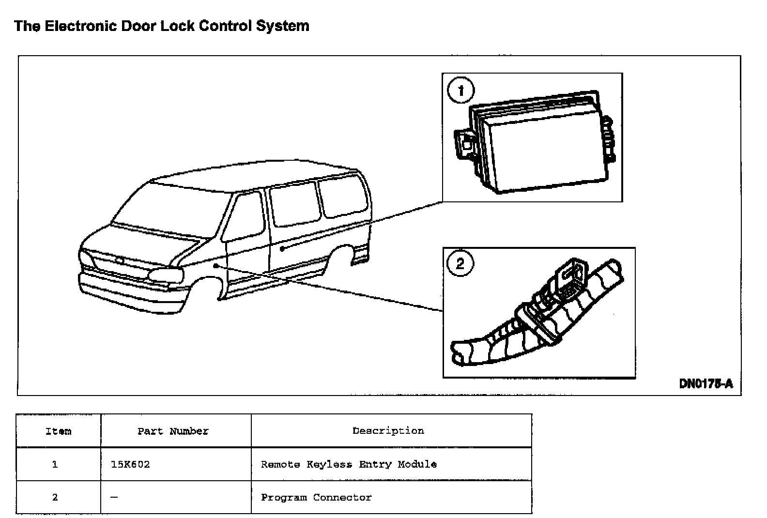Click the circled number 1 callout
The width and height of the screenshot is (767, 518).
point(460,91)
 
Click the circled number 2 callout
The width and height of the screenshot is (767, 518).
point(460,263)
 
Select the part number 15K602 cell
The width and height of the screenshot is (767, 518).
point(130,464)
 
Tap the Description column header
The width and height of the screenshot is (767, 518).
point(388,430)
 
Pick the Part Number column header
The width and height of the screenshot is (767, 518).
point(173,431)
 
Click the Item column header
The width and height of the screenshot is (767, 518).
point(58,431)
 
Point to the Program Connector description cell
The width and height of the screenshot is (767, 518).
point(316,497)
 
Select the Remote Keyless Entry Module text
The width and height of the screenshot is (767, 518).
point(349,464)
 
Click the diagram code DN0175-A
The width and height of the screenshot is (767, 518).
point(706,384)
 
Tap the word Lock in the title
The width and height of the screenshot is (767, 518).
point(177,26)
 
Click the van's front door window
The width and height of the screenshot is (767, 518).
point(245,215)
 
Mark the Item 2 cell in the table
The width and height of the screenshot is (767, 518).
point(55,497)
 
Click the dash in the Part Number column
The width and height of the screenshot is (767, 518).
point(114,497)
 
